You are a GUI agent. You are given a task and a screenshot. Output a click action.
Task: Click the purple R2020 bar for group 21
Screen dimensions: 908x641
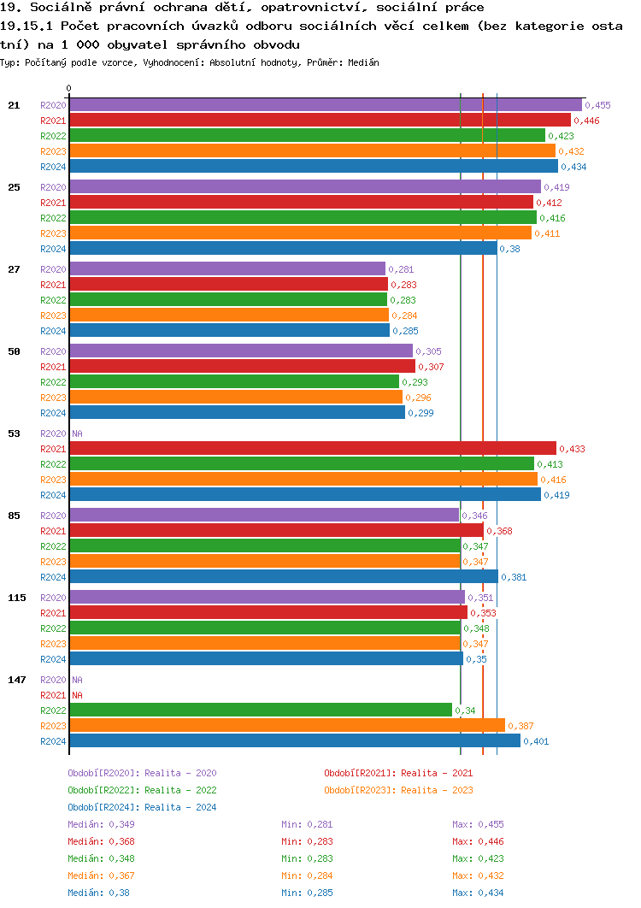(325, 104)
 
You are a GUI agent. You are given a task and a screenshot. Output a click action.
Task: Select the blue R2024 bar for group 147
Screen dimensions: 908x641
(294, 740)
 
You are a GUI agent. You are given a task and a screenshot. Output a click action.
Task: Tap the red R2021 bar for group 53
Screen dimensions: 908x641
(312, 448)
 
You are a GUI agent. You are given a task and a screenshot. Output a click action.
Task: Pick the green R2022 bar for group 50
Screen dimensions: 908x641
(233, 381)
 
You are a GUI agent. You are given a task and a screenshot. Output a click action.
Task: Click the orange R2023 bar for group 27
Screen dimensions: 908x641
(228, 315)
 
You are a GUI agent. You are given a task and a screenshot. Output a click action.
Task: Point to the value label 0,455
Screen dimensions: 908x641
(597, 105)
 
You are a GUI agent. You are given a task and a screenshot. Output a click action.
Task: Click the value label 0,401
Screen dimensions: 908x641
(536, 741)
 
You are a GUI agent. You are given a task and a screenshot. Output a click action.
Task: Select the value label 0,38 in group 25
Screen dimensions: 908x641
(509, 249)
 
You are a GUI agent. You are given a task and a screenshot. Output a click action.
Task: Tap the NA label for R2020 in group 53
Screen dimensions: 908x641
(77, 433)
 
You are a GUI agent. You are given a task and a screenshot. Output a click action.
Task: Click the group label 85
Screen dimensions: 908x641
(14, 516)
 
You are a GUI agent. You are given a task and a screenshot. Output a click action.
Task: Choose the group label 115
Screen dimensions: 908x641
(16, 598)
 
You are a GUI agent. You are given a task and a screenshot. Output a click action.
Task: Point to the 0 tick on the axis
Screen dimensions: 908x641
(69, 88)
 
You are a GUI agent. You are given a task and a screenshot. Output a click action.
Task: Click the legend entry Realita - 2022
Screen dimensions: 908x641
(142, 790)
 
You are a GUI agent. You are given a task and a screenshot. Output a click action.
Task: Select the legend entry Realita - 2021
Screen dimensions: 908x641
(398, 773)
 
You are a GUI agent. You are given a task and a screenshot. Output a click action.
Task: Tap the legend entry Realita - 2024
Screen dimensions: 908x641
(142, 807)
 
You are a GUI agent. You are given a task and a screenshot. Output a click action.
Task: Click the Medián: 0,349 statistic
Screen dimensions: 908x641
(101, 824)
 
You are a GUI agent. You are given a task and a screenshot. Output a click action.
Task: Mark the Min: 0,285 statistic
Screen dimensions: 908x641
(307, 893)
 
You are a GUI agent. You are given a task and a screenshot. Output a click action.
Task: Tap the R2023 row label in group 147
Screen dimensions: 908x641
(53, 726)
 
